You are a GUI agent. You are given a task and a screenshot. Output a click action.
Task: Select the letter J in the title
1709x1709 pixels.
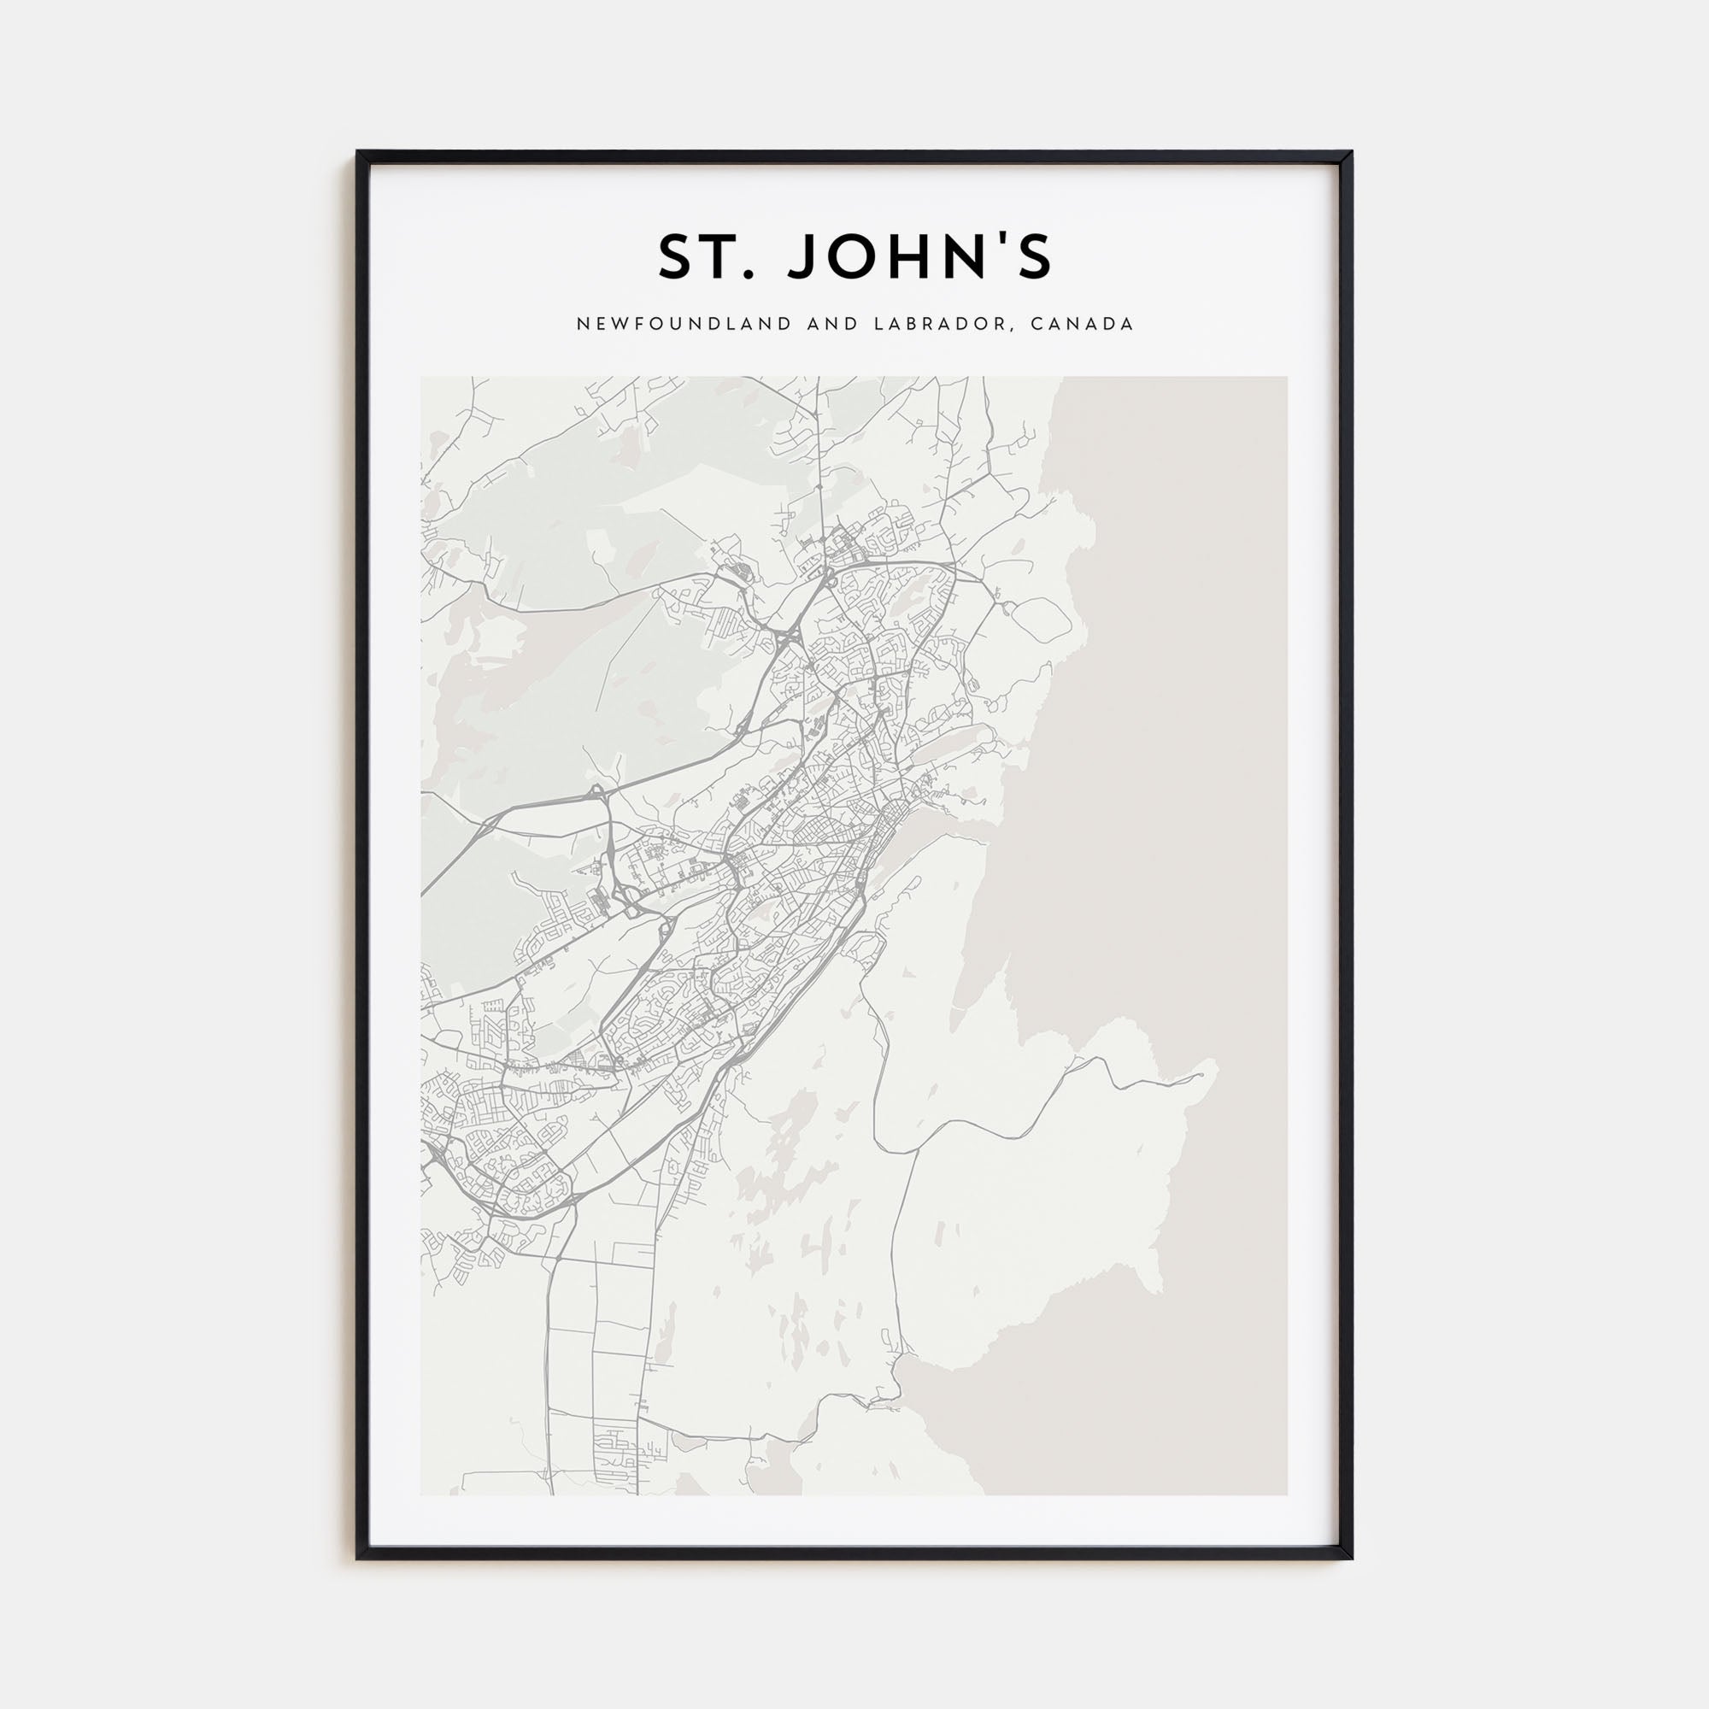[x=806, y=257]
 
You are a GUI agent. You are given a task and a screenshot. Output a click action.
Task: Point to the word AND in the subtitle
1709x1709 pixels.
[x=832, y=324]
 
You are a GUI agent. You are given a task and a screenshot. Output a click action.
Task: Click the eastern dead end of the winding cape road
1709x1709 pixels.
[x=1203, y=1075]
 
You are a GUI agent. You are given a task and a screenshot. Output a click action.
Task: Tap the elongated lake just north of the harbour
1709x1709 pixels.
[x=951, y=736]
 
